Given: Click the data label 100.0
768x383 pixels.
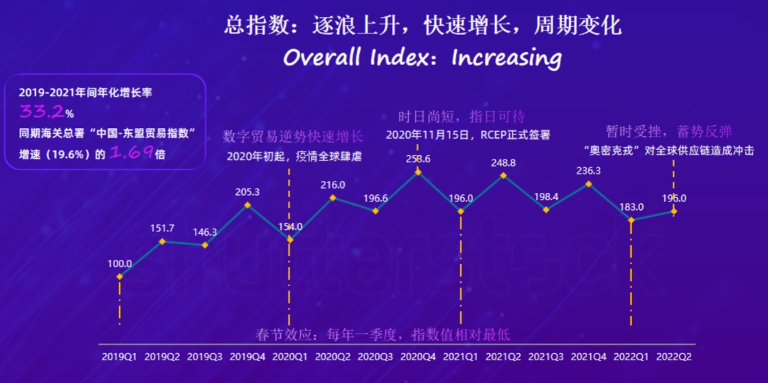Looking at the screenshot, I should [x=119, y=263].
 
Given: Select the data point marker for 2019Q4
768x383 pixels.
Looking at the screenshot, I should [x=247, y=205].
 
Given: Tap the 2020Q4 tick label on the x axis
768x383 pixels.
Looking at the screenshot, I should [x=417, y=355].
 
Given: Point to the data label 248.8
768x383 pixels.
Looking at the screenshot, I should [x=503, y=163].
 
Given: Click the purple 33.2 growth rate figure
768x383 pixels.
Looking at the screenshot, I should [x=41, y=112].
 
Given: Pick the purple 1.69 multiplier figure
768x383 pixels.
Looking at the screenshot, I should [x=131, y=153].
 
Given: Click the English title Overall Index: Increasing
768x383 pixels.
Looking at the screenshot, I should [x=422, y=57].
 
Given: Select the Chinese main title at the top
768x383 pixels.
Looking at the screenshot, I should [x=422, y=26].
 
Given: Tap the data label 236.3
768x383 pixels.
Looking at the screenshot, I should [x=588, y=171].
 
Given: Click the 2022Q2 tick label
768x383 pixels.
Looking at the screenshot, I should [x=673, y=355].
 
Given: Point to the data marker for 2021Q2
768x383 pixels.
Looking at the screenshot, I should [x=503, y=175].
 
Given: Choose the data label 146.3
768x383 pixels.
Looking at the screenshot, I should [x=205, y=232].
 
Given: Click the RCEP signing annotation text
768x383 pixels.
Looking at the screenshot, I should [x=468, y=135].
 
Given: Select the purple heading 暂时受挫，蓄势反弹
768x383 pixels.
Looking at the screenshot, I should [x=668, y=132].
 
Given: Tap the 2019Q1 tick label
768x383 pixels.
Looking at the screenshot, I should [x=119, y=355].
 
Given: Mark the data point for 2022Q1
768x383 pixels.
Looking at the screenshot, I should [x=631, y=220].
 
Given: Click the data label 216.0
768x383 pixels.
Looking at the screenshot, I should [x=333, y=184].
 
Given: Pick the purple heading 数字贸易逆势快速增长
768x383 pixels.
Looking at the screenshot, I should [x=292, y=137].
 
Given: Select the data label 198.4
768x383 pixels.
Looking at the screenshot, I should [x=546, y=196].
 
